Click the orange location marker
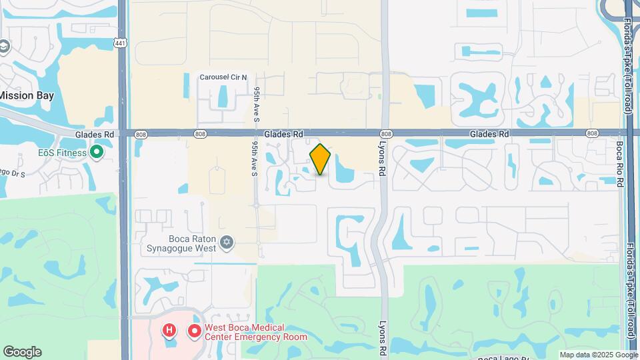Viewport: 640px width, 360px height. coord(321,159)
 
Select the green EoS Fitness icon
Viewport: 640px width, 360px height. coord(96,153)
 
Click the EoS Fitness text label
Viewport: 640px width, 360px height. coord(62,153)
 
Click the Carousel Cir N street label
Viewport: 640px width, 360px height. coord(223,77)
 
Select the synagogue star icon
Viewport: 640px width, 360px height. coord(227,242)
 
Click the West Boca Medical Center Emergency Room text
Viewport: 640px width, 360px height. coord(255,332)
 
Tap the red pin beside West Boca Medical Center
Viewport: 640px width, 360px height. coord(194,330)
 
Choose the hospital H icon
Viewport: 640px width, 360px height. coord(170,330)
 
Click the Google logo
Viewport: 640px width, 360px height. coord(22,352)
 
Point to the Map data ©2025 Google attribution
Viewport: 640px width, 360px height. coord(598,355)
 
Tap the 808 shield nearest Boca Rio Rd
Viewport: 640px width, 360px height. coord(592,134)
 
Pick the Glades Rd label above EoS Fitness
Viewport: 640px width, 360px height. coord(95,134)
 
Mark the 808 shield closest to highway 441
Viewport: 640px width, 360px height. coord(141,134)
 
